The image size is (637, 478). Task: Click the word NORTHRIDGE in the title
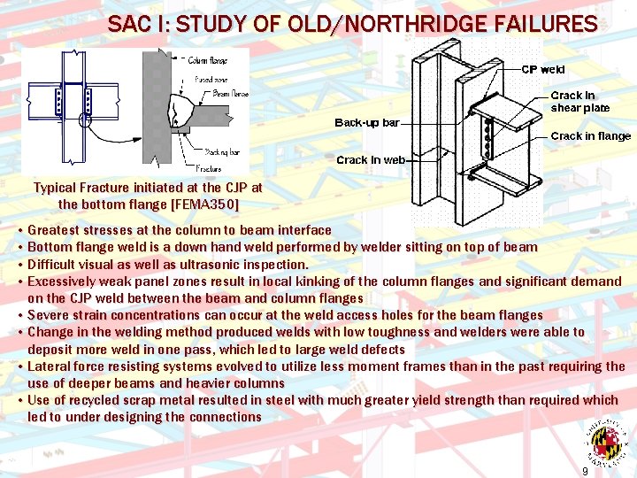[416, 24]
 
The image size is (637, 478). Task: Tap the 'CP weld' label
[542, 69]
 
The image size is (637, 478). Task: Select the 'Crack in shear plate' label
[579, 102]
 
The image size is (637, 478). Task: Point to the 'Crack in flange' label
[590, 136]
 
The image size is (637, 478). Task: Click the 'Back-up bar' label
[366, 122]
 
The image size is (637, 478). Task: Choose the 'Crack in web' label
[371, 160]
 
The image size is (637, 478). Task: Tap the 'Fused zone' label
[210, 79]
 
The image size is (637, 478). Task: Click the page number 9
[585, 471]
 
